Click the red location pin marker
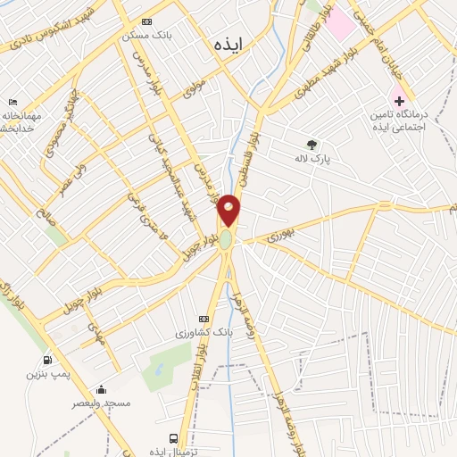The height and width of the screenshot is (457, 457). pos(229,210)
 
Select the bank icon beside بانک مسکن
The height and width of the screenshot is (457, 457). pos(147,21)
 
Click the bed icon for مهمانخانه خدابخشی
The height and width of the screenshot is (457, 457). pos(12,103)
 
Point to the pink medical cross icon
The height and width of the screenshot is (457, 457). pos(399,99)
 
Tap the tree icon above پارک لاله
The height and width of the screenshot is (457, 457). pos(312,144)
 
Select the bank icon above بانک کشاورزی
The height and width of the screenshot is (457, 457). pos(204,318)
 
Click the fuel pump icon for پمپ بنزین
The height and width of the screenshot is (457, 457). pos(45,360)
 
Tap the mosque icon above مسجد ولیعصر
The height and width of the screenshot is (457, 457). pos(101,389)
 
